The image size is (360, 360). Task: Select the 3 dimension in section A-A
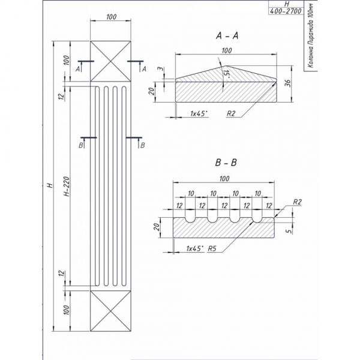coord(159,71)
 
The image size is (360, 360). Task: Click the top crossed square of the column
coord(110,61)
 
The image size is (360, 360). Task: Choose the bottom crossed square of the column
coord(110,311)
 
